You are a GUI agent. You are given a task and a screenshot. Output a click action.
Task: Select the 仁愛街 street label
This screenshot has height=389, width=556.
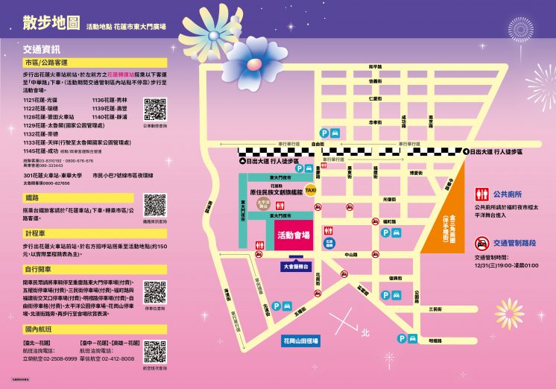pyautogui.click(x=376, y=98)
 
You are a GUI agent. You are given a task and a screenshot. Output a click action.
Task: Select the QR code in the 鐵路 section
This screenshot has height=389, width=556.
pyautogui.click(x=154, y=204)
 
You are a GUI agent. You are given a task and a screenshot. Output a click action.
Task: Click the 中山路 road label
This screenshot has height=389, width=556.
pyautogui.click(x=350, y=254)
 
